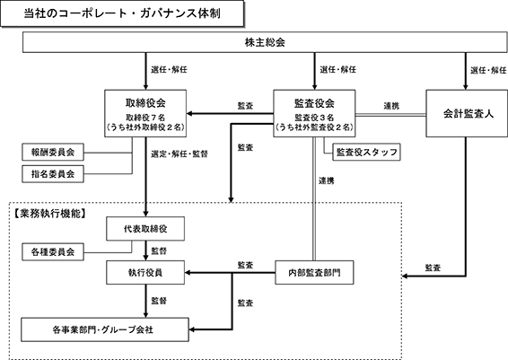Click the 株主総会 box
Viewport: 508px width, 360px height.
click(265, 42)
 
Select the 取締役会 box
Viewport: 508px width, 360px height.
click(145, 113)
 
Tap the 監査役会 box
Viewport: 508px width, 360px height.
click(314, 113)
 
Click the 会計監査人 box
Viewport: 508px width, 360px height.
click(467, 113)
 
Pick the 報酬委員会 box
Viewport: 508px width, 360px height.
click(53, 152)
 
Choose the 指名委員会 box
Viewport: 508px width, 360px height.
click(53, 174)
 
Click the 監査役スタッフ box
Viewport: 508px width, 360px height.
click(366, 152)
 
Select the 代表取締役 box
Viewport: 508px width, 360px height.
click(145, 229)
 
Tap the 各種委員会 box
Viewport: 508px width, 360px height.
click(53, 251)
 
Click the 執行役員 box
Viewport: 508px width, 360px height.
click(145, 273)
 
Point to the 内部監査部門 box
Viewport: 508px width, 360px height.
click(314, 273)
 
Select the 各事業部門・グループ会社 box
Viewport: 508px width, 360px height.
click(105, 329)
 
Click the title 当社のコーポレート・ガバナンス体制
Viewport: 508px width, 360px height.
click(122, 13)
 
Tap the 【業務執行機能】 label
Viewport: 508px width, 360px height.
click(49, 214)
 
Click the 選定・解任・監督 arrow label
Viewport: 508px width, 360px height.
click(180, 154)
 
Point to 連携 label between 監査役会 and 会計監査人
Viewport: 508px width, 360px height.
click(391, 106)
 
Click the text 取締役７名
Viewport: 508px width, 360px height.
click(145, 117)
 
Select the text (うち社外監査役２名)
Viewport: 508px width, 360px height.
click(314, 127)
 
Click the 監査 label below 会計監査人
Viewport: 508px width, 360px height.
click(433, 268)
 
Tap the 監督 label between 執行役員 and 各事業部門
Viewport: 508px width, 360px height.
click(159, 301)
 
